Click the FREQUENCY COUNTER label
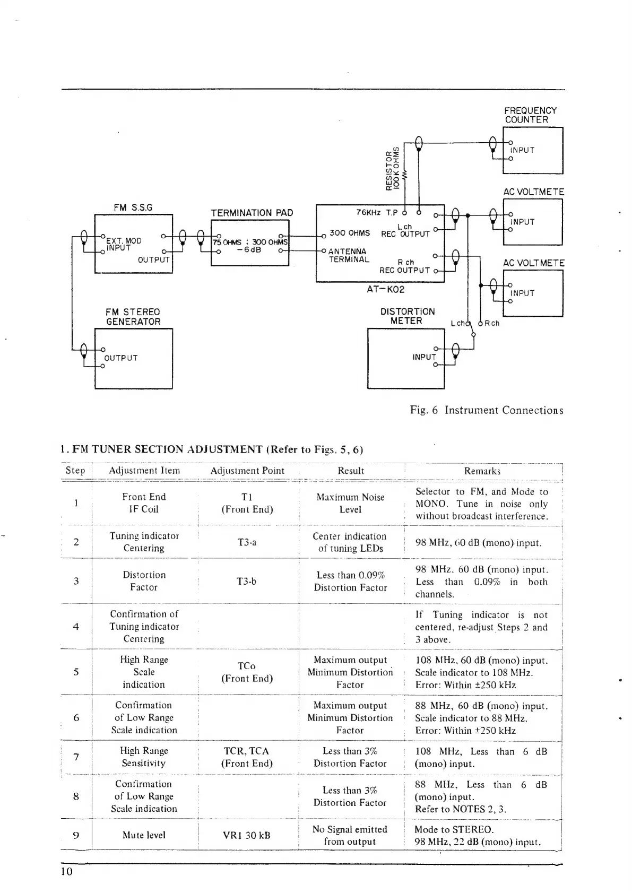click(530, 115)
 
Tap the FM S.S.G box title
click(133, 207)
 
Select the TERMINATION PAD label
click(252, 213)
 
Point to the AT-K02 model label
click(385, 290)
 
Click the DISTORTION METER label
click(407, 316)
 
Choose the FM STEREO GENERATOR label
click(133, 317)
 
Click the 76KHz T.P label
click(377, 213)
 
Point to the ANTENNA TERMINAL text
click(348, 255)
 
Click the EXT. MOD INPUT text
click(123, 244)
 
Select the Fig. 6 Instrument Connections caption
click(486, 410)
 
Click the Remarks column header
click(482, 471)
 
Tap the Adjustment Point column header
click(247, 471)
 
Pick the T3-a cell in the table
click(247, 542)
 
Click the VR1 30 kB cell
click(247, 835)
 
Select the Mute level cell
click(144, 835)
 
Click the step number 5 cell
click(76, 672)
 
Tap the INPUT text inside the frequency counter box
click(522, 150)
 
